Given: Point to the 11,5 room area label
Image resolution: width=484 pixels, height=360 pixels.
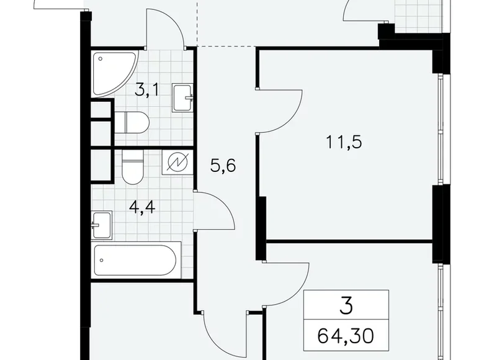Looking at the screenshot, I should pos(344,142).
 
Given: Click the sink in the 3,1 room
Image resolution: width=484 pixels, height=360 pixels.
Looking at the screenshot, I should pos(182,97).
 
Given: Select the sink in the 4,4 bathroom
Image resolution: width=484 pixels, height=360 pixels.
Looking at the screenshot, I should pos(102,224).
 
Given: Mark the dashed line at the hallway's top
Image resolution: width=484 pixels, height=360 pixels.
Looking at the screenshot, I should pos(226,46).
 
